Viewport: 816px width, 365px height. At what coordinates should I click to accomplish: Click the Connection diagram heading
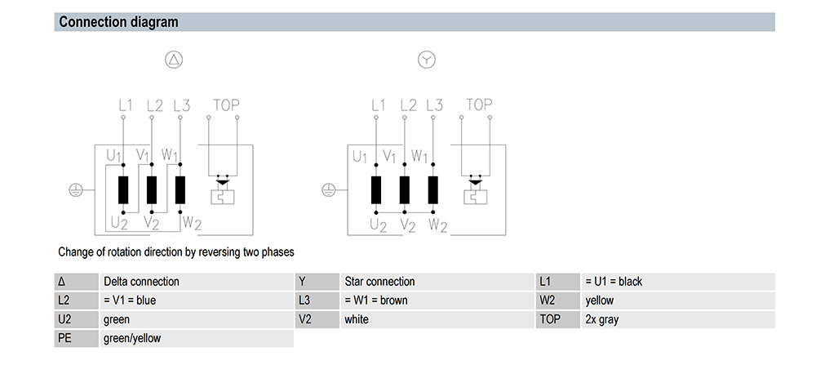(x=118, y=22)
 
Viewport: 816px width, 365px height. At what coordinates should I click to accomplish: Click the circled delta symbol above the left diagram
(x=174, y=60)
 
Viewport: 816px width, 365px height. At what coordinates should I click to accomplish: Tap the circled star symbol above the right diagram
(x=427, y=60)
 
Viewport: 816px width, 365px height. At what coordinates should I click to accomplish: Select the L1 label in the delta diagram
(x=125, y=105)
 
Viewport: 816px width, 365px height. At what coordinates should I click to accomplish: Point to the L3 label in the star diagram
(x=434, y=105)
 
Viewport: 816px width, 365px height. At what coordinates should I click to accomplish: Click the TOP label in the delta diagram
(x=226, y=105)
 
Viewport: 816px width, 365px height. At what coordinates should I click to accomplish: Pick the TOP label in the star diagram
(x=479, y=105)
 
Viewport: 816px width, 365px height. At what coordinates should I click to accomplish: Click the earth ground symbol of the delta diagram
(x=76, y=190)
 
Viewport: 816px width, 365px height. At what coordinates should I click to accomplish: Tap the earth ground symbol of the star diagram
(x=329, y=190)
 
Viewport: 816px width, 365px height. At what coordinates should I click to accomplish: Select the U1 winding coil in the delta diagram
(x=123, y=190)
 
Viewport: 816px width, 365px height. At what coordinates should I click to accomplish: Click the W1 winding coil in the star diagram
(x=433, y=190)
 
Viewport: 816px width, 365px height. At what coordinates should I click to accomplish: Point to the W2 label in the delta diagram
(x=191, y=223)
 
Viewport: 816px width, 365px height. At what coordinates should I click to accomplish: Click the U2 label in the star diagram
(x=379, y=225)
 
